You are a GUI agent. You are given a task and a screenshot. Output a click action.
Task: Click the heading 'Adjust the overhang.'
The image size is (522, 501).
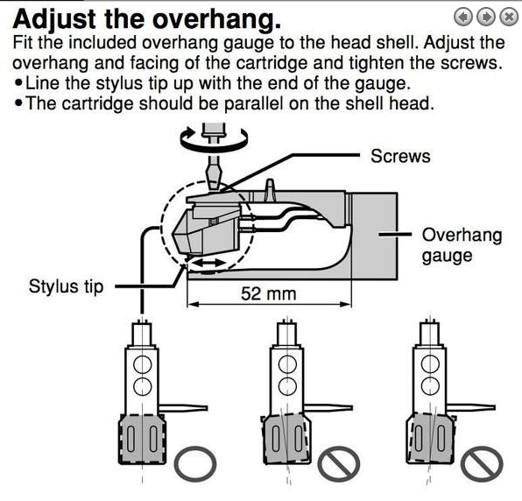[147, 19]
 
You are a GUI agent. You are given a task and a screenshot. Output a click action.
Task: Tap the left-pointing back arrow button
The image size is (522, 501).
[463, 17]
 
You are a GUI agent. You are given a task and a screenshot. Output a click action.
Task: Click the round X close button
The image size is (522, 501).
[509, 17]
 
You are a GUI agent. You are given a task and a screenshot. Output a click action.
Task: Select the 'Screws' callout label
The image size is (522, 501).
[400, 156]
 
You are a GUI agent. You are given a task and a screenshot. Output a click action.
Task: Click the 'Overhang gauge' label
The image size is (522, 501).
[462, 245]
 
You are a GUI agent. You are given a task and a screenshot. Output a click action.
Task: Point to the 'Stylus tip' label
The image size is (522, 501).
[66, 286]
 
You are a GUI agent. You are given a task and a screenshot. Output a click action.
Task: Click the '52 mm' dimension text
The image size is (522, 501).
[268, 294]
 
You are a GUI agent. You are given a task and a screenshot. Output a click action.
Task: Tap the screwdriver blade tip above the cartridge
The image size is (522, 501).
[214, 188]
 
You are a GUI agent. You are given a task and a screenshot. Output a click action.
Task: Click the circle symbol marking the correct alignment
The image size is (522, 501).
[195, 463]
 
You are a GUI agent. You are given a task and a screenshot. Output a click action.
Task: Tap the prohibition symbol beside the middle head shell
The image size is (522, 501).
[339, 463]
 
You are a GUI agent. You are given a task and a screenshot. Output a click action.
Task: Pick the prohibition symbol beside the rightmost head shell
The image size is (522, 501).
[482, 463]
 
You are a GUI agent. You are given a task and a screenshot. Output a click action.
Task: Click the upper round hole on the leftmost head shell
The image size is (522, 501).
[143, 364]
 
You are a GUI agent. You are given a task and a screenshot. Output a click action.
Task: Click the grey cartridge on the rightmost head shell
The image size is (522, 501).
[430, 438]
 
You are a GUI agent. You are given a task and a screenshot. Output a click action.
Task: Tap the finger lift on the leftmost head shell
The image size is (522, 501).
[183, 408]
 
